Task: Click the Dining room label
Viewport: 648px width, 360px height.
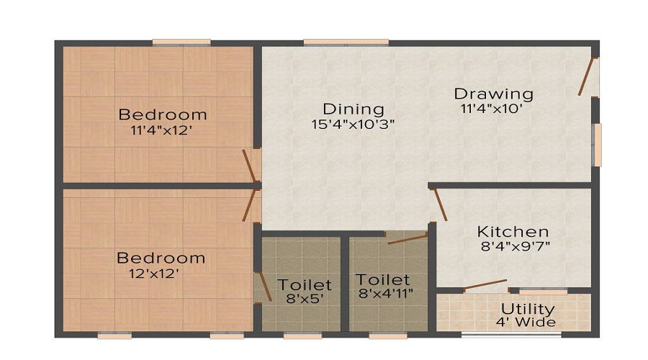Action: click(354, 109)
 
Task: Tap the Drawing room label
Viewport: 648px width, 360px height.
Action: click(493, 94)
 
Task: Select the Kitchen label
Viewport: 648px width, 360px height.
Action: click(513, 232)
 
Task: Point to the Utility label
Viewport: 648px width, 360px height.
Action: click(528, 309)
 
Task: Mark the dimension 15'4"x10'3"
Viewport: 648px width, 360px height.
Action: click(353, 123)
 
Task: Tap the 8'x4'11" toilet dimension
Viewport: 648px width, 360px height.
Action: click(385, 293)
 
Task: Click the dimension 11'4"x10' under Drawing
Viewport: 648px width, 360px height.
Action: click(491, 109)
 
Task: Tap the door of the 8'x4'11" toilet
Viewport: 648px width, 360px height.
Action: click(408, 238)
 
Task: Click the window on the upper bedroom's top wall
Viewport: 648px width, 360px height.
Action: click(181, 42)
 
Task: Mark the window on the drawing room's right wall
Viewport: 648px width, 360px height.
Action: click(597, 145)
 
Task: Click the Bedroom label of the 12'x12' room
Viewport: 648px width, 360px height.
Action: click(161, 258)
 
